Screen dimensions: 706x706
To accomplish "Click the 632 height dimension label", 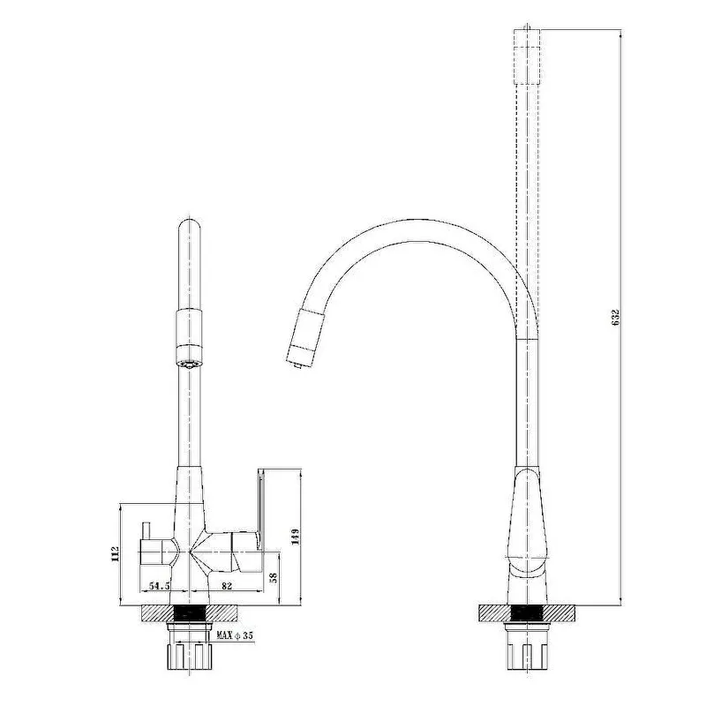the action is tap(616, 318).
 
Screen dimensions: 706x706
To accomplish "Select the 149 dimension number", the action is tap(296, 537).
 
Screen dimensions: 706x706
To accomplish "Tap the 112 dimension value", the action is tap(115, 554).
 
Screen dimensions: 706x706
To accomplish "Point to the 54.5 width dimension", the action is tap(160, 586).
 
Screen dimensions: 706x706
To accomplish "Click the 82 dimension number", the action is tap(227, 586).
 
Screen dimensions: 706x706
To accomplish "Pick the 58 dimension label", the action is tap(274, 577).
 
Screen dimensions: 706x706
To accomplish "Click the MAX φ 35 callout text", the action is tap(235, 635).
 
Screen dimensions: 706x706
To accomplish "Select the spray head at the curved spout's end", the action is tap(305, 336).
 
